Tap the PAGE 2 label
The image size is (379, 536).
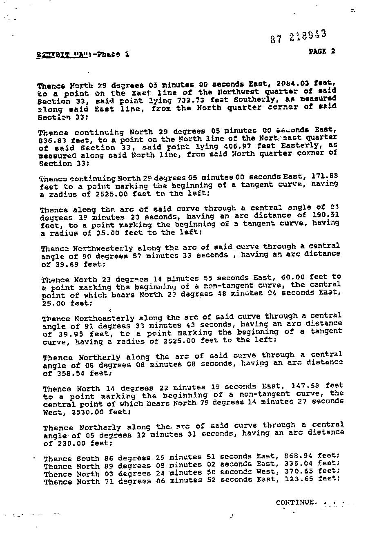point(322,51)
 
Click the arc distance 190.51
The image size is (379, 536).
point(325,215)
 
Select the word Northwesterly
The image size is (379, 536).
point(103,248)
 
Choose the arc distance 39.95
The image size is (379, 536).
point(67,334)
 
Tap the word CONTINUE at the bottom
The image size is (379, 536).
point(296,502)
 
